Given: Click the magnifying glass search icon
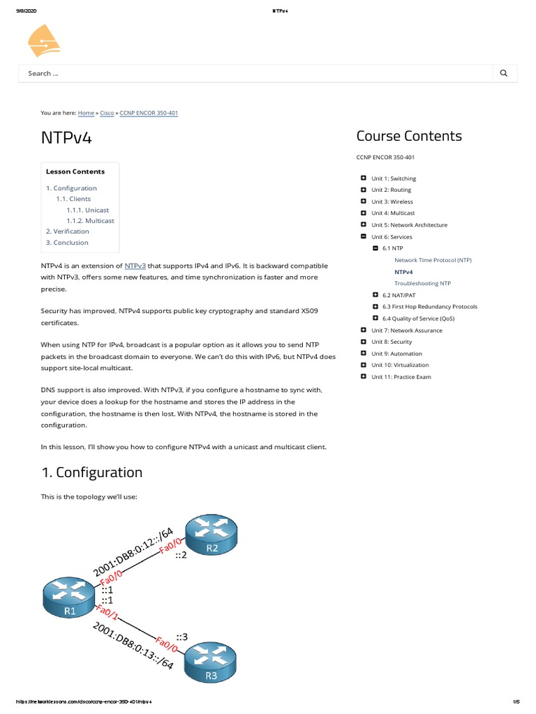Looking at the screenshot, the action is click(504, 73).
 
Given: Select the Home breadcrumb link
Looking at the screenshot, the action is click(86, 112).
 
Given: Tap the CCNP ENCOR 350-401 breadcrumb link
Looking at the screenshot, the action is click(149, 112).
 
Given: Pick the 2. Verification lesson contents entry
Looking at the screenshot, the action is click(68, 231).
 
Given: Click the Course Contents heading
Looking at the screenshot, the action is click(409, 136).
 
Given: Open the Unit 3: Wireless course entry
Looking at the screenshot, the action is click(392, 202).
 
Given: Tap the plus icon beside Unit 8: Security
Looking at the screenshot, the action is click(363, 342).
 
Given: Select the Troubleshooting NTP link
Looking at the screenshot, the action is click(422, 284).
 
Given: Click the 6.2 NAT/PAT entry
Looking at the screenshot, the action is click(399, 295).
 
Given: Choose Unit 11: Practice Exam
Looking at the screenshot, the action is click(401, 377).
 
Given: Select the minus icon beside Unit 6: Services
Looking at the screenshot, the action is click(363, 236).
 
